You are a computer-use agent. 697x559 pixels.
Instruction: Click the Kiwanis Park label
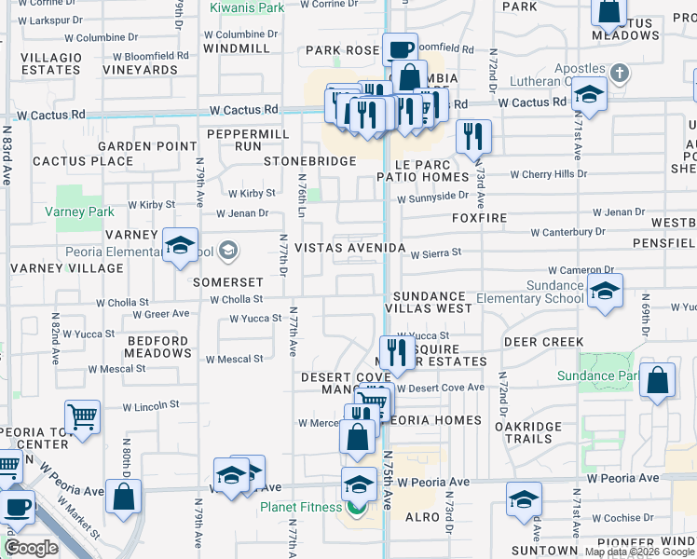coord(247,8)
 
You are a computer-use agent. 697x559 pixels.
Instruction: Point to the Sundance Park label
coord(598,376)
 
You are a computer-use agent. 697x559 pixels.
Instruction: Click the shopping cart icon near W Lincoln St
coord(83,417)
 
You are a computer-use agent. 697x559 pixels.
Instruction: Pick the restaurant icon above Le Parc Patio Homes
coord(473,137)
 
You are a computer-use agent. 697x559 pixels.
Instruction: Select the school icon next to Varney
coord(180,245)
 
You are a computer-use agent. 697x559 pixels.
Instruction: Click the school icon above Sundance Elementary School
coord(605,292)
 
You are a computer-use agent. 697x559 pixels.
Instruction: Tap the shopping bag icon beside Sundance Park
coord(657,381)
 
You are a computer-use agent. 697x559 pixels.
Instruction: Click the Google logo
coord(30,548)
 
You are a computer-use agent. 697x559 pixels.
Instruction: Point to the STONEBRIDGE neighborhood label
coord(309,161)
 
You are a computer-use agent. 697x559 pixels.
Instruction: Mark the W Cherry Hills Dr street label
coord(544,174)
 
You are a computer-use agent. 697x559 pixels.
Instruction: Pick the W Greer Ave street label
coord(154,315)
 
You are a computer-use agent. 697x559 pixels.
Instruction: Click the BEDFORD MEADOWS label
coord(158,348)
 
